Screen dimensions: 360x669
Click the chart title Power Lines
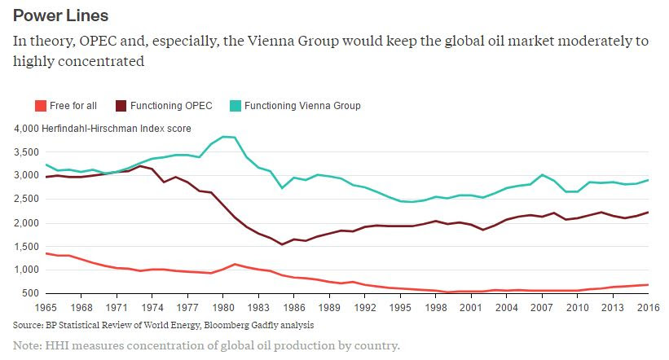click(x=60, y=15)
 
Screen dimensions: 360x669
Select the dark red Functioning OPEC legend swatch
click(x=121, y=106)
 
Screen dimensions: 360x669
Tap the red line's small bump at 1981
click(x=235, y=264)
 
